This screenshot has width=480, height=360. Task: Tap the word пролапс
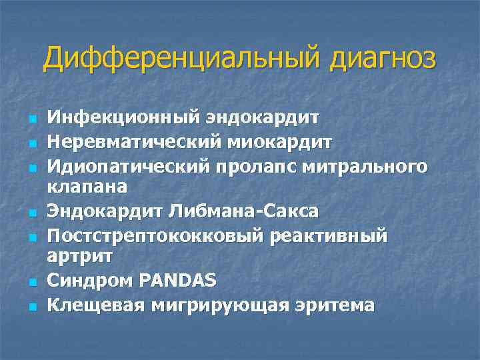pyautogui.click(x=259, y=165)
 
